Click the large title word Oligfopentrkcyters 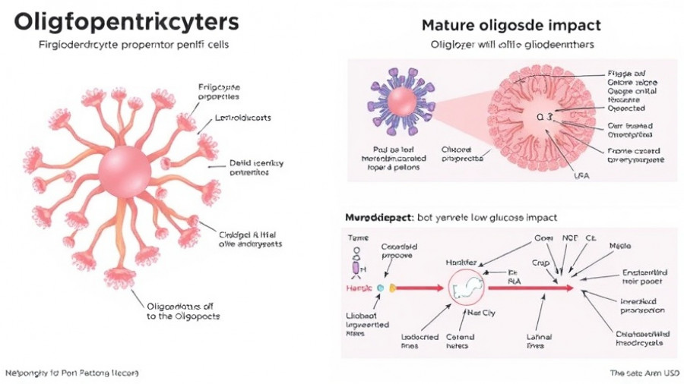click(125, 21)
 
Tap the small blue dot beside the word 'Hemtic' click(379, 288)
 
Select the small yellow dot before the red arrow click(393, 288)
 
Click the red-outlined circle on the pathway click(468, 288)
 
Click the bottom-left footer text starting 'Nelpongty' click(72, 373)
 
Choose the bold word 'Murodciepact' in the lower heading click(377, 217)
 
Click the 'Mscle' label click(619, 247)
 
